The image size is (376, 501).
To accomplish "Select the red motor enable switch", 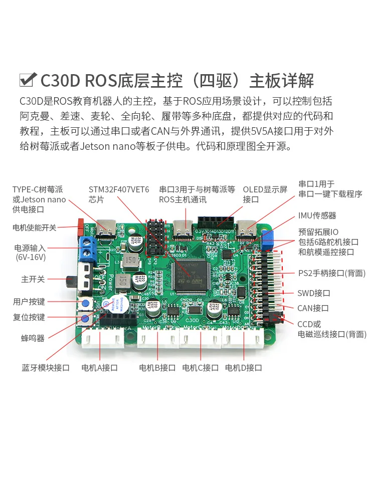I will [81, 227].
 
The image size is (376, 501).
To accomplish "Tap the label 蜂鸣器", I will [33, 338].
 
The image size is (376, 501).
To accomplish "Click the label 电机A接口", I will [100, 368].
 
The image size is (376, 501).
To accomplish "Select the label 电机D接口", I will [244, 368].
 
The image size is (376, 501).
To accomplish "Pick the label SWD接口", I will [314, 293].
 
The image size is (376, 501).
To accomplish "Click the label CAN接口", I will [313, 308].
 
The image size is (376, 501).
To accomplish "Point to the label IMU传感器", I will [317, 215].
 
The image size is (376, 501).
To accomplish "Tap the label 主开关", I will [33, 279].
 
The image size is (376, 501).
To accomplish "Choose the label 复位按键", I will [29, 317].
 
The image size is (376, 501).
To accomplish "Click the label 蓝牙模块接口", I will [46, 368].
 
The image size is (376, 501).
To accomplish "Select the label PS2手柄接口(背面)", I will [332, 273].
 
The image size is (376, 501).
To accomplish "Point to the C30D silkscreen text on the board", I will [193, 320].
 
